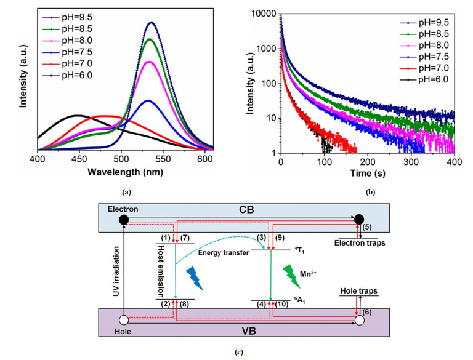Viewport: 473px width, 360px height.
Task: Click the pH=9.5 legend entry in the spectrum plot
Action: (67, 17)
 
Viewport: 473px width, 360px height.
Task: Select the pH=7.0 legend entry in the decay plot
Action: (424, 68)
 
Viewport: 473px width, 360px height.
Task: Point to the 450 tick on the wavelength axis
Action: (79, 159)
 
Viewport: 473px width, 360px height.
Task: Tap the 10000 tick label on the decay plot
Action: (263, 14)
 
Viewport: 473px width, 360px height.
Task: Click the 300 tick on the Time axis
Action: (411, 162)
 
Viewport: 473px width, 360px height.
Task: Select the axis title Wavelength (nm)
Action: (125, 172)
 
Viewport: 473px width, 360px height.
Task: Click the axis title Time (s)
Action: (368, 174)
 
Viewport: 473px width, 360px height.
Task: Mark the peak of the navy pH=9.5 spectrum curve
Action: (152, 22)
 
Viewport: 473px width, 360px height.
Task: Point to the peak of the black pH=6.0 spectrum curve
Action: (76, 115)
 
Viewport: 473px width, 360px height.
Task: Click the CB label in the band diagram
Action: (246, 210)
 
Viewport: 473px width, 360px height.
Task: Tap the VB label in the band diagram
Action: (249, 331)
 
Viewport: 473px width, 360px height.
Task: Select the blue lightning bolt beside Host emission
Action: (194, 278)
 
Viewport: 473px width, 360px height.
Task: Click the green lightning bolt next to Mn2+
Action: (292, 276)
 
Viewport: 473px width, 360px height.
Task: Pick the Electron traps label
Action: (360, 242)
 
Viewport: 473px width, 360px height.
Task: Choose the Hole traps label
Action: (358, 291)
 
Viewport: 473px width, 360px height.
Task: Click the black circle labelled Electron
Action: (124, 220)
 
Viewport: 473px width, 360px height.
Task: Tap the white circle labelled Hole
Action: (124, 320)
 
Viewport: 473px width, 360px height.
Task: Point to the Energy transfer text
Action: (223, 253)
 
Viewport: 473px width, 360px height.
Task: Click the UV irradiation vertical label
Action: (116, 271)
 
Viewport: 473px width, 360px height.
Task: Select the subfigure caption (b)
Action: (370, 192)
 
